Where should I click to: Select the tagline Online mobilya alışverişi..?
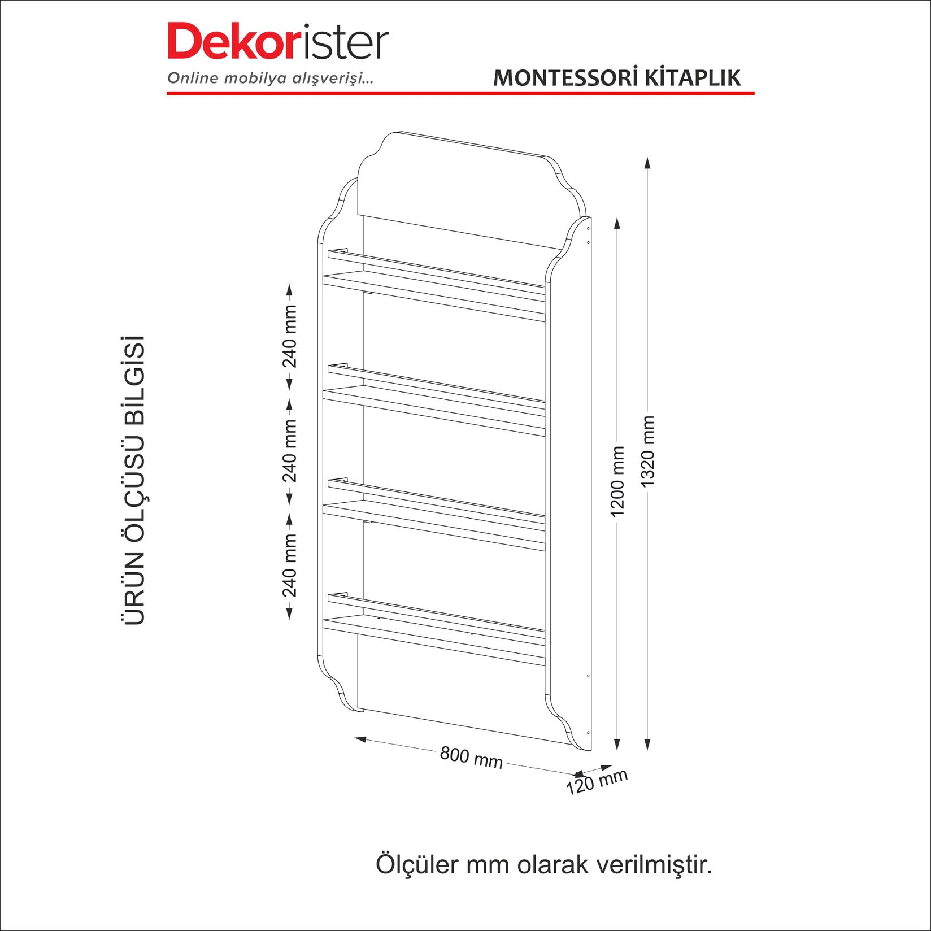(270, 79)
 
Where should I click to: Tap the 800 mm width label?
(471, 757)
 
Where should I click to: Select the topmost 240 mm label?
(290, 337)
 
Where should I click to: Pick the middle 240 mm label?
(290, 450)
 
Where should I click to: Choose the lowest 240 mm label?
(290, 566)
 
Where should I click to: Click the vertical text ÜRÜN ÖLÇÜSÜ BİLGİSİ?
(134, 480)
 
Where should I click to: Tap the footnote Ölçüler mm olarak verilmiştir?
(543, 881)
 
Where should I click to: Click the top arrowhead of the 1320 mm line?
(647, 163)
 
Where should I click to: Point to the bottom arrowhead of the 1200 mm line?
(617, 745)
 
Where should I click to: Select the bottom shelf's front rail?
(435, 612)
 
